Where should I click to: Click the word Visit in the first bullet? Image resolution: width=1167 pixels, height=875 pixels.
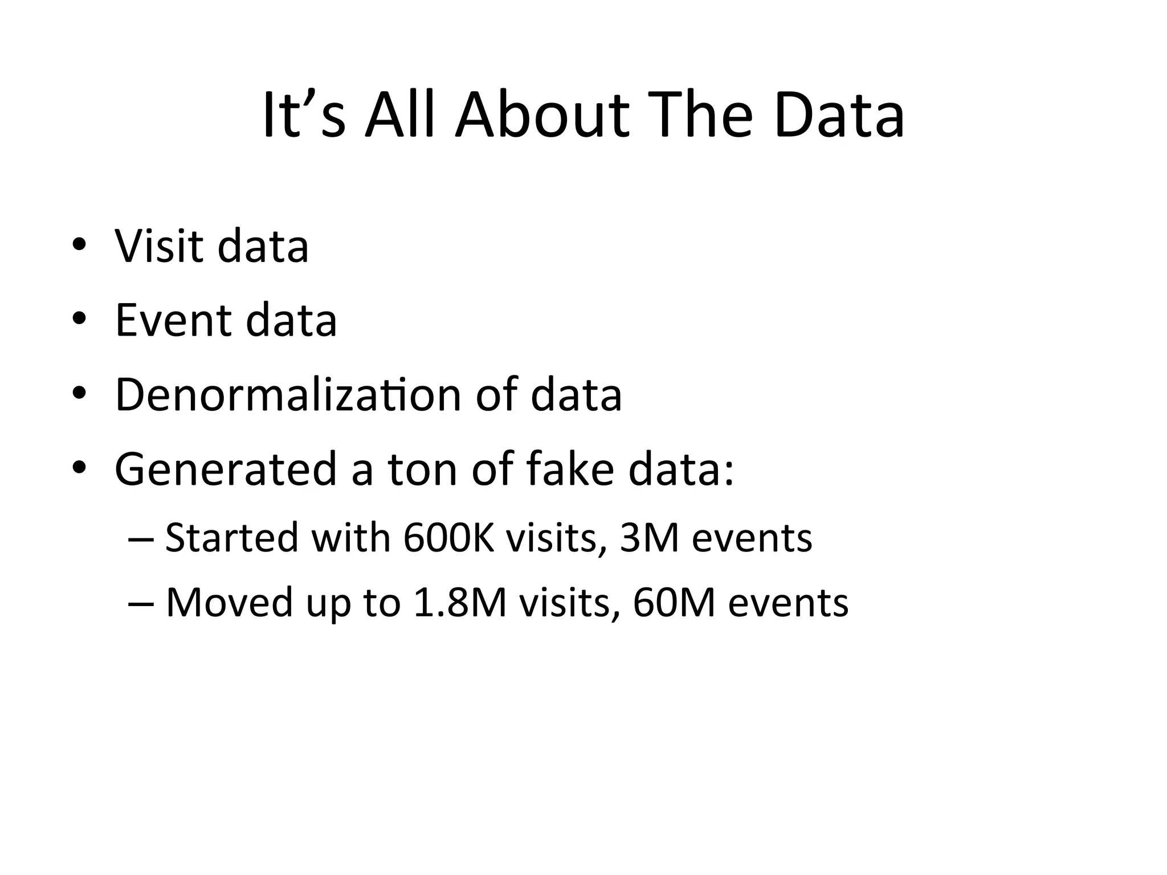click(158, 246)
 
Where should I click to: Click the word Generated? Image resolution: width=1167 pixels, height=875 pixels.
click(226, 469)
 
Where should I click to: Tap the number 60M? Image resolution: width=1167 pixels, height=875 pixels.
click(674, 602)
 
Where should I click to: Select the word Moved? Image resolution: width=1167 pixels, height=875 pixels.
click(229, 602)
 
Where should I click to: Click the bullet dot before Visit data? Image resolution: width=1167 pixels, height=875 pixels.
click(79, 246)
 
